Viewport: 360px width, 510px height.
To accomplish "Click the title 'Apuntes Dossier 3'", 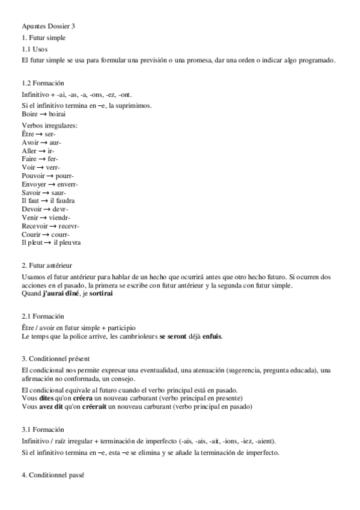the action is click(x=48, y=26).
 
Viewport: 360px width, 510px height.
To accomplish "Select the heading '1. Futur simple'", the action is click(x=43, y=38).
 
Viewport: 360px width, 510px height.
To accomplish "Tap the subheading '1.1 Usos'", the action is click(x=34, y=49).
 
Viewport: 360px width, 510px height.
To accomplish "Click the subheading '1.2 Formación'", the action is click(x=43, y=83).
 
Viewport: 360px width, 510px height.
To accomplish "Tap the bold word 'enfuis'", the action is click(x=212, y=335).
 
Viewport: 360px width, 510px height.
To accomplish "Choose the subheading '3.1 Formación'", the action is click(x=43, y=430).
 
